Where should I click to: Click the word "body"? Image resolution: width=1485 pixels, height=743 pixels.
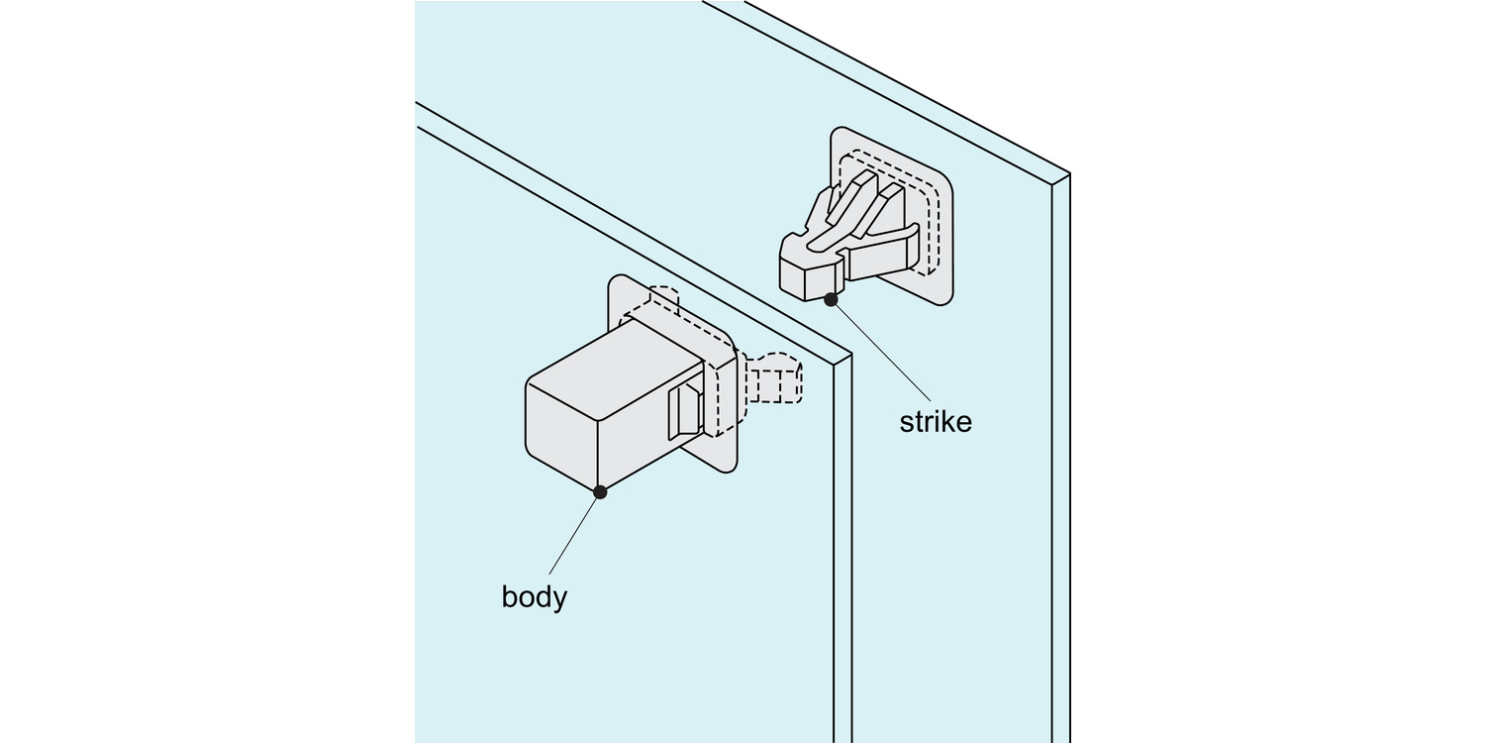(535, 597)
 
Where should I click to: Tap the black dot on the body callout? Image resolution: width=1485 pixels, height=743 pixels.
(599, 491)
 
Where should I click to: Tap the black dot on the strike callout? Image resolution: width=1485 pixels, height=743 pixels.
(831, 298)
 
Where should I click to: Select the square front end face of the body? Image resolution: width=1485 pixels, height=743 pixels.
(561, 436)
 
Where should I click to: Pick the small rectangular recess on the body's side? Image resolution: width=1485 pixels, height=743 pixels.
(684, 410)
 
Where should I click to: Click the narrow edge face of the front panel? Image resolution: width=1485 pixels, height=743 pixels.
(842, 545)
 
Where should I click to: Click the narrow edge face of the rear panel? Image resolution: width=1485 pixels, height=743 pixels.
(1060, 446)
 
